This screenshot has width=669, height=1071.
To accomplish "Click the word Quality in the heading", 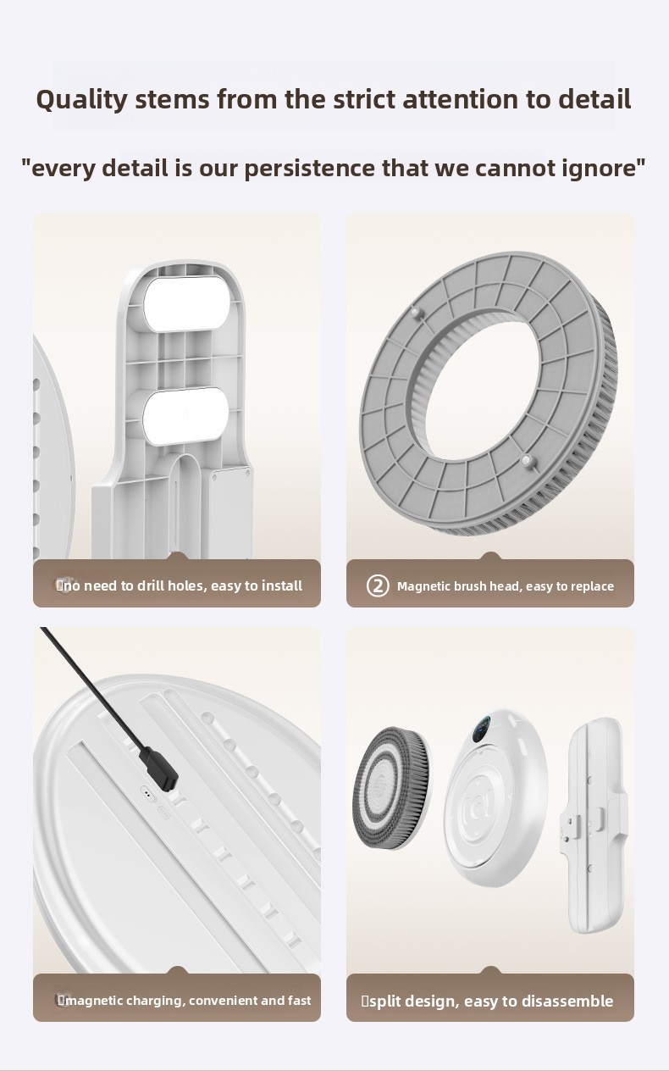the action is [81, 100].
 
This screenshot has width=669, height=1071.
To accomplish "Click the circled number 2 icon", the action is [378, 585].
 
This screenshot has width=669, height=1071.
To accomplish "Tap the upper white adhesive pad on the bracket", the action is [187, 304].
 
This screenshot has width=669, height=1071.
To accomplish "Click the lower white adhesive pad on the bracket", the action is [186, 416].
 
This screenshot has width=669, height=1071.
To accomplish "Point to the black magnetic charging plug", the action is [158, 769].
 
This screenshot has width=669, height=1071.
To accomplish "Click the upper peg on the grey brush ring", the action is [415, 314].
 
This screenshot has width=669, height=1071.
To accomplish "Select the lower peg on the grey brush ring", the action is [526, 461].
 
